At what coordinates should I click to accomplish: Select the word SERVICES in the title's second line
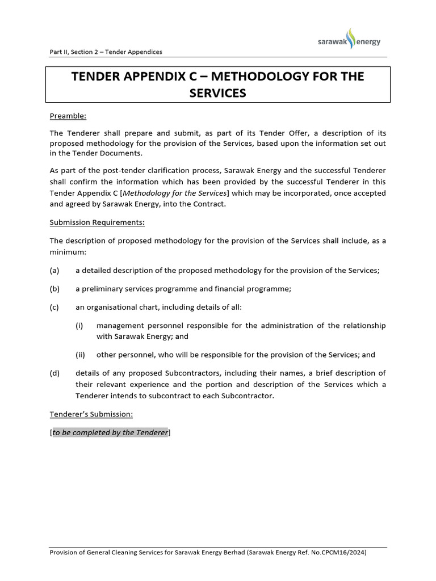click(x=218, y=92)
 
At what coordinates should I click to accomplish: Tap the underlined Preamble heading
click(x=68, y=116)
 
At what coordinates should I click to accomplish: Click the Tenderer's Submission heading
click(x=91, y=414)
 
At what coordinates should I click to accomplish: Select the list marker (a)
click(x=54, y=270)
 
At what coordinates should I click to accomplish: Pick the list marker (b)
click(x=54, y=289)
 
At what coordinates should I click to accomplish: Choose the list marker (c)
click(x=54, y=307)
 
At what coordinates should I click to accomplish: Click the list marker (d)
click(x=54, y=373)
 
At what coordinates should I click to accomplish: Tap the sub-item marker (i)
click(x=79, y=325)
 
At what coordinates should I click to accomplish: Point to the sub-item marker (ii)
click(x=80, y=355)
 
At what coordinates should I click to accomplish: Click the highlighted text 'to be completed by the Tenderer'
click(x=111, y=432)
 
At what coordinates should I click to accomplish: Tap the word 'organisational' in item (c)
click(x=113, y=307)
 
